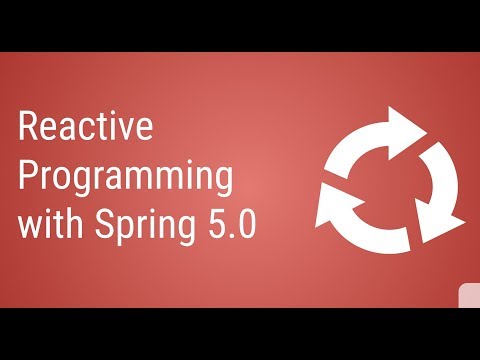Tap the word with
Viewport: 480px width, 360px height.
tap(49, 226)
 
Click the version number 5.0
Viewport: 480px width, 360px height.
tap(229, 226)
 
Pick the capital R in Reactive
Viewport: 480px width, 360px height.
tap(29, 129)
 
